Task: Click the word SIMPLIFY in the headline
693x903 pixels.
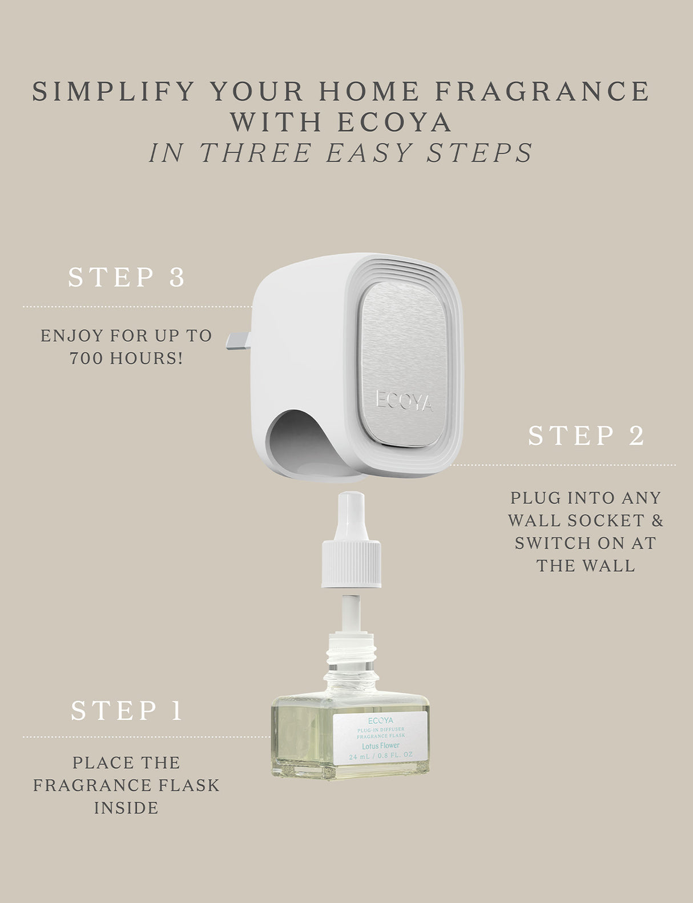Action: [112, 92]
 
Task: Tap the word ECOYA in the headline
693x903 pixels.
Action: [395, 122]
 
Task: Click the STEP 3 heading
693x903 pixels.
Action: [127, 277]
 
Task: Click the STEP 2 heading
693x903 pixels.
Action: [586, 436]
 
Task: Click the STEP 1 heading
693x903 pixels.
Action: [127, 711]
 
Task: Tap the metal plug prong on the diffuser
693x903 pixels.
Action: [239, 341]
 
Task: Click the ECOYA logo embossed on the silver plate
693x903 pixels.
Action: [404, 400]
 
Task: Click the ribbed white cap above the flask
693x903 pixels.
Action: [350, 563]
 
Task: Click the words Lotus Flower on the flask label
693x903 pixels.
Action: [381, 745]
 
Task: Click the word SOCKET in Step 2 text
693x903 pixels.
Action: [597, 521]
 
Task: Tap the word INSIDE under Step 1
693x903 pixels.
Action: [126, 808]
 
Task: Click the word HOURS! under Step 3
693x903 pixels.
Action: [147, 358]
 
